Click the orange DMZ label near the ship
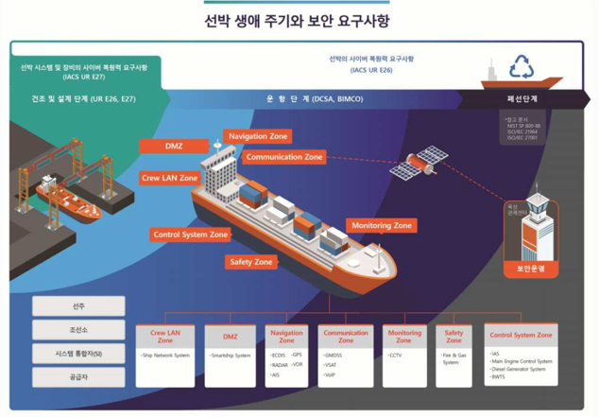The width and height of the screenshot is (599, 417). [174, 147]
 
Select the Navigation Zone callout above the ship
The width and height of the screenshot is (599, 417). [258, 137]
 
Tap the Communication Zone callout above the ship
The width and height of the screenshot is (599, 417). [284, 157]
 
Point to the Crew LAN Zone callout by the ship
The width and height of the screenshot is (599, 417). [170, 178]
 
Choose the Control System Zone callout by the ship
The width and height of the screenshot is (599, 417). [191, 235]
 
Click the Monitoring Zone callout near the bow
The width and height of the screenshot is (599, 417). [382, 226]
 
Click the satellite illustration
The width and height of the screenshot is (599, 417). [419, 162]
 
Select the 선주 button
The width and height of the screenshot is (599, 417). [78, 306]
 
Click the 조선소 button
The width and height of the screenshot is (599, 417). [78, 330]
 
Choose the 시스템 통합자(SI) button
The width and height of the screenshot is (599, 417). [78, 354]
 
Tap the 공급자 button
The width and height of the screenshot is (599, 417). [78, 377]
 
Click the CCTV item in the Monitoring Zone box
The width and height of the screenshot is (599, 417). [396, 356]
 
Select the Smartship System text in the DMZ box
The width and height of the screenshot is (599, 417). [231, 356]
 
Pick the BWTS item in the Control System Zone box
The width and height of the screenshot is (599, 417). [499, 377]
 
